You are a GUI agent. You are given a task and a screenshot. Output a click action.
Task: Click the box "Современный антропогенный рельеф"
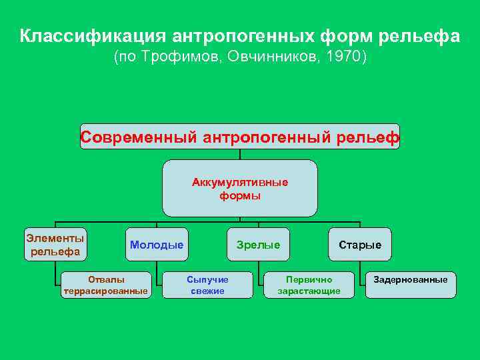click(240, 137)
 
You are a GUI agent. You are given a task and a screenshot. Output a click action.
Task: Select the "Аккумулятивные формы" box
click(240, 189)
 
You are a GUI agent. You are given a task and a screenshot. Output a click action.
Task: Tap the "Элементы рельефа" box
click(55, 244)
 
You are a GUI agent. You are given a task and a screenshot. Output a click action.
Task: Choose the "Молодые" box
click(157, 245)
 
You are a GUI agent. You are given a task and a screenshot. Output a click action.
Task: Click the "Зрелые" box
click(258, 245)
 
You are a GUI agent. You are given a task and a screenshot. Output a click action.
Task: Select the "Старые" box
click(360, 245)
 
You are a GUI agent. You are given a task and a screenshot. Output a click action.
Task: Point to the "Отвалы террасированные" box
click(105, 285)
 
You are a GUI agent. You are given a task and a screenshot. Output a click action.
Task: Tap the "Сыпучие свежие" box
click(207, 285)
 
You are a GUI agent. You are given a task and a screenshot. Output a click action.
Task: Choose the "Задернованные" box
click(411, 280)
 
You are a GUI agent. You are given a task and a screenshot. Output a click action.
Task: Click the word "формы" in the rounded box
click(240, 196)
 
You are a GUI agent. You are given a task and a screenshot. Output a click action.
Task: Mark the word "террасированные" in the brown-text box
click(105, 291)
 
